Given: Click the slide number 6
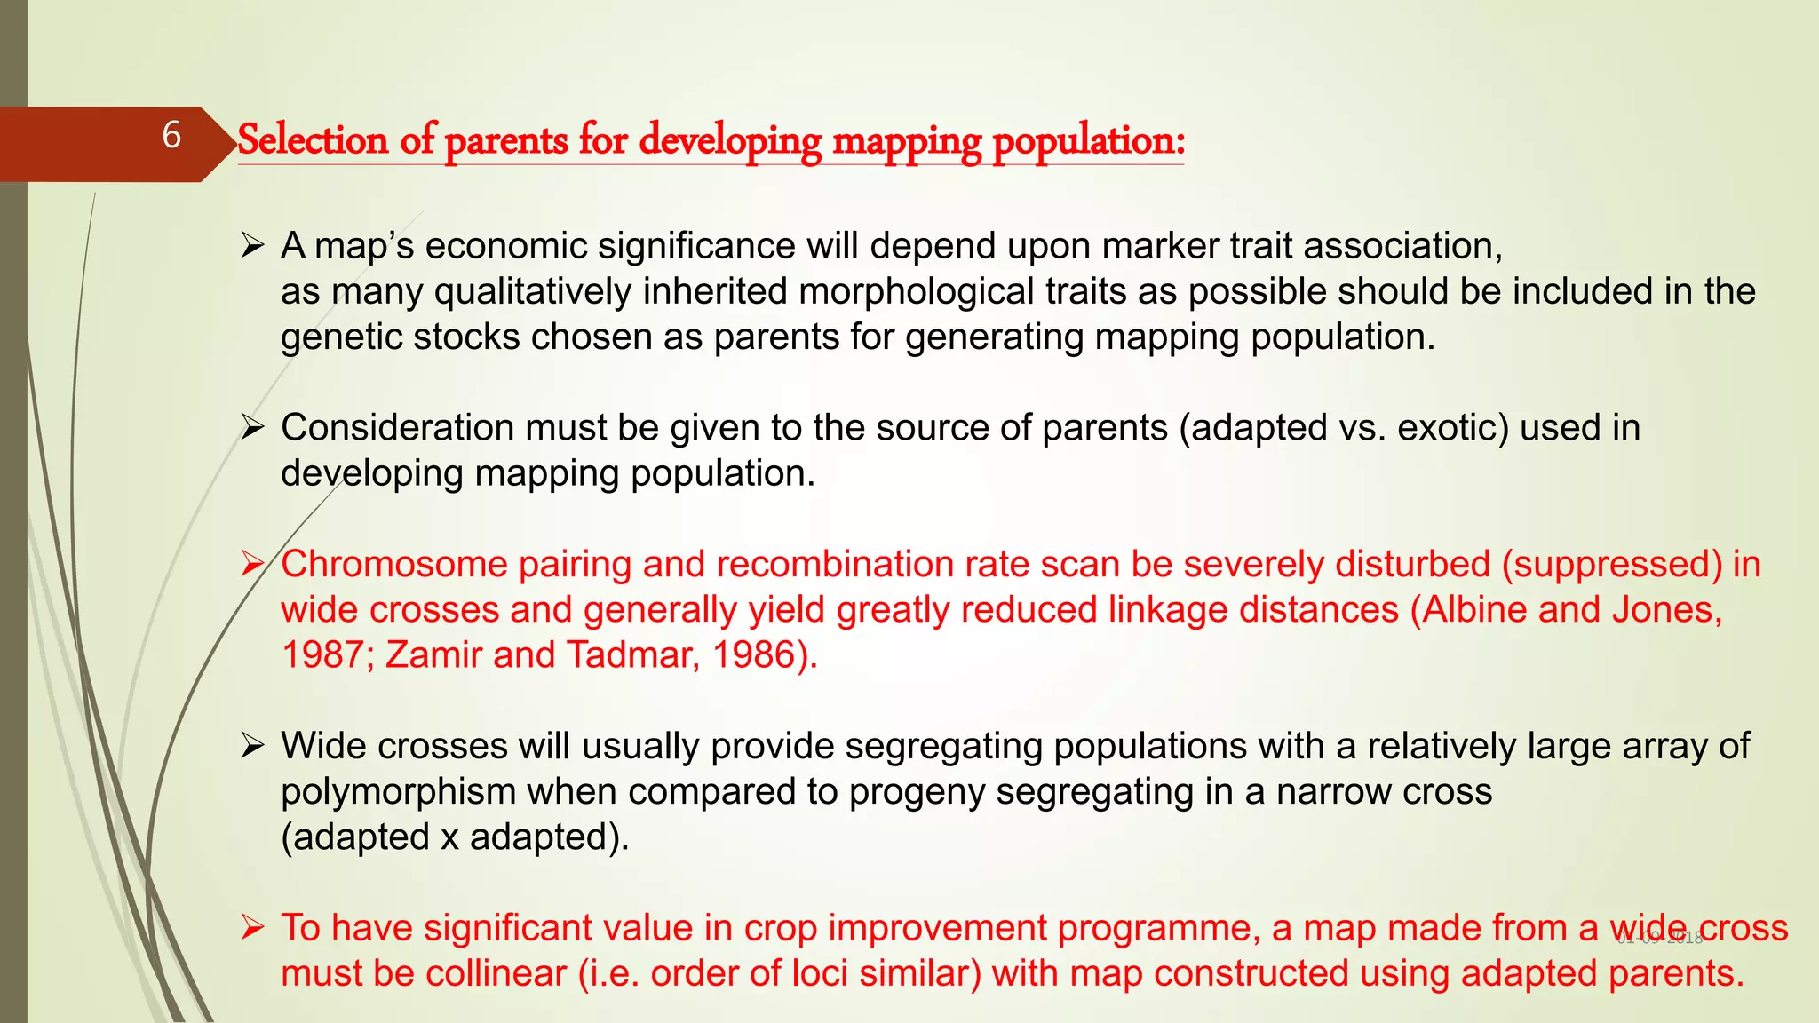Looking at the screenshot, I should click(x=171, y=136).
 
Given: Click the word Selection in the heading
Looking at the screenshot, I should click(x=313, y=140).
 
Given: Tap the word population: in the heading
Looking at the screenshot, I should click(x=1088, y=140).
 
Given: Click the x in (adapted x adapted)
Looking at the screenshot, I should click(x=450, y=837).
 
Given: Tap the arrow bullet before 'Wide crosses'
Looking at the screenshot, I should click(x=253, y=747).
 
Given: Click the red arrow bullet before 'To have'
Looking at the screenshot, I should click(x=253, y=929).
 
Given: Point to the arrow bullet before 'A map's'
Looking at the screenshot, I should click(x=253, y=246).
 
